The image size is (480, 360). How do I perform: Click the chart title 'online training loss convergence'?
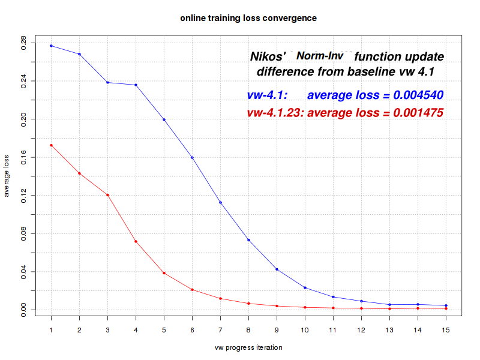[x=248, y=18]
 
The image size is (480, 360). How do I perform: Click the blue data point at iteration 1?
[x=51, y=46]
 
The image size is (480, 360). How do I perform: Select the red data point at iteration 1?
[x=51, y=145]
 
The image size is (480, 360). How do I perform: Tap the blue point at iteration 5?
[x=164, y=119]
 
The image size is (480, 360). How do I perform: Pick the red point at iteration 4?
[x=136, y=241]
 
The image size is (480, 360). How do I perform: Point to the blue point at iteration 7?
[x=220, y=202]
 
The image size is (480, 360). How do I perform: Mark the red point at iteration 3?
[x=107, y=195]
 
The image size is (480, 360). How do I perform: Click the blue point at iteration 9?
[x=277, y=269]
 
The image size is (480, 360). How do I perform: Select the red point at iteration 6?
[x=192, y=290]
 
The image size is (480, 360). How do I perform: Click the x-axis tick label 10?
[x=305, y=331]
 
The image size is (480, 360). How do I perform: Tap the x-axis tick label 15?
[x=446, y=331]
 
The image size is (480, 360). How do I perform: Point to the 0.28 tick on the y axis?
[x=23, y=43]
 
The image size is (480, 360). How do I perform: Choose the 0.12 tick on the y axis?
[x=23, y=196]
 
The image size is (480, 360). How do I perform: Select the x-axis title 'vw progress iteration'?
[x=248, y=347]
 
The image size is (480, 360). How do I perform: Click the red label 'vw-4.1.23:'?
[x=275, y=113]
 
